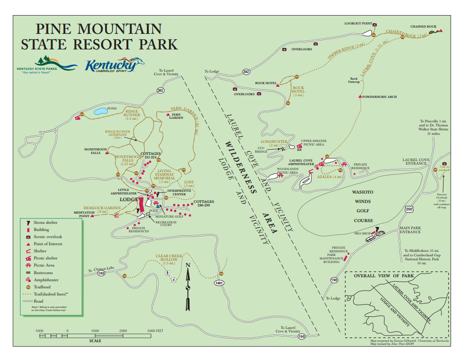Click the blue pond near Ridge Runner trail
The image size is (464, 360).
101,111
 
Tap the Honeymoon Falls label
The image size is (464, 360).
93,151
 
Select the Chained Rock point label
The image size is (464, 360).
423,27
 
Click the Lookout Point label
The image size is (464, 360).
358,23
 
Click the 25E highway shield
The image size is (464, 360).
409,208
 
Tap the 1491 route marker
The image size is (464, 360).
219,283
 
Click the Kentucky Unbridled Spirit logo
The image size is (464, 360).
114,65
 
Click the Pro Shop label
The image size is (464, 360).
363,233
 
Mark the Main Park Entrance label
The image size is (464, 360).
410,230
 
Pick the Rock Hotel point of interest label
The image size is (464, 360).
266,83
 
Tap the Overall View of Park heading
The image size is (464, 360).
384,276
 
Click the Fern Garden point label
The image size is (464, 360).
176,116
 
